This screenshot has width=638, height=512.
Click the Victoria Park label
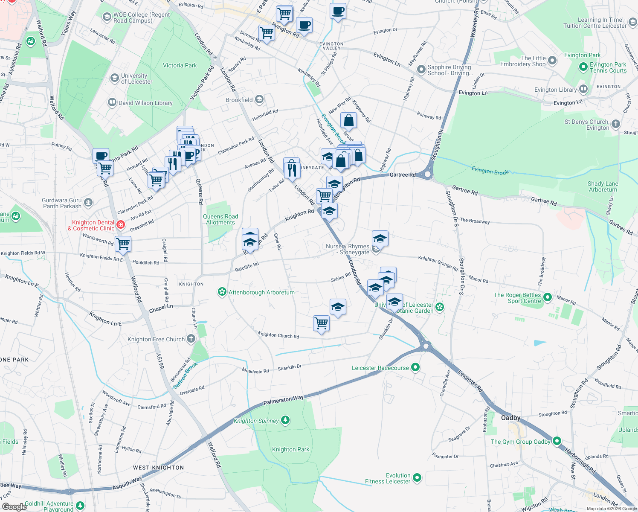180,65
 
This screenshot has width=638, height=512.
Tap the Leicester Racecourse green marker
416,367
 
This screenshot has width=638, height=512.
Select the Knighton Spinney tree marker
285,420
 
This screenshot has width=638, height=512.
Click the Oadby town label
510,418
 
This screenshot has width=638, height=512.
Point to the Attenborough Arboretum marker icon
222,292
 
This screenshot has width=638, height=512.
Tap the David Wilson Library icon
112,102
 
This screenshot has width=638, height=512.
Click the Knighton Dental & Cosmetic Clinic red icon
121,224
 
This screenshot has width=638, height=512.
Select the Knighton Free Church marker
191,339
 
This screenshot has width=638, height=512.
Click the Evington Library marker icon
583,89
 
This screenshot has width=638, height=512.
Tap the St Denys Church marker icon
615,124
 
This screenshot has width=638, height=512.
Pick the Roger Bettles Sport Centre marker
548,297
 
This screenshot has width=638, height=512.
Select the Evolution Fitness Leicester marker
417,478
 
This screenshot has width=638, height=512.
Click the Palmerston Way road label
283,400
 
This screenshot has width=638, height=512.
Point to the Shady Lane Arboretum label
603,186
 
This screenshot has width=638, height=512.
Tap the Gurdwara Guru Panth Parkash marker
88,202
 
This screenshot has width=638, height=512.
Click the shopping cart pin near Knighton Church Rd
321,323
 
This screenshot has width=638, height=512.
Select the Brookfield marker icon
259,100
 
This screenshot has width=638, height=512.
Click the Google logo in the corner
14,506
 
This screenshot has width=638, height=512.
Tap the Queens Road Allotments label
220,219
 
